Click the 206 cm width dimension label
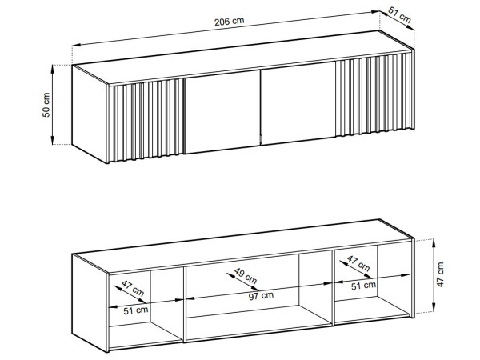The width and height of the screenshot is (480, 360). point(230,22)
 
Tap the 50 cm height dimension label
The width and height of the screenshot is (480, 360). point(46,105)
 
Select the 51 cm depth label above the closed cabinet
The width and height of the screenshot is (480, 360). point(399,15)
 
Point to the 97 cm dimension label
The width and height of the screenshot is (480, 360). point(261,296)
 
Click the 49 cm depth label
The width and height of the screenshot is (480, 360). point(246,275)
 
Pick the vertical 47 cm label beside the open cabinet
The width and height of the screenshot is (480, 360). point(440,274)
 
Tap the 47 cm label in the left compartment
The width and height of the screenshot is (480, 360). point(133,288)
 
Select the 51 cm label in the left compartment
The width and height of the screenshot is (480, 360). point(136,310)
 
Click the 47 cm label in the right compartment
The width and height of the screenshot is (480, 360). point(358,263)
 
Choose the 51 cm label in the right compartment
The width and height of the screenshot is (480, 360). point(363,286)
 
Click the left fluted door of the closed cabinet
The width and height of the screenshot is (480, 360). point(146,120)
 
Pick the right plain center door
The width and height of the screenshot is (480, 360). point(298,102)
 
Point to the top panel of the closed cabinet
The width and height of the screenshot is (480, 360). point(242,58)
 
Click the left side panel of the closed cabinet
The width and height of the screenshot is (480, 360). point(90,114)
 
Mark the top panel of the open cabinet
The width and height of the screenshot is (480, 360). point(242,246)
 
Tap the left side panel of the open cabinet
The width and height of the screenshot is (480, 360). point(90,302)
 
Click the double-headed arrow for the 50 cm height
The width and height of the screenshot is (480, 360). point(53,105)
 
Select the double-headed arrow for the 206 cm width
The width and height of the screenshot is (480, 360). point(226,29)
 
